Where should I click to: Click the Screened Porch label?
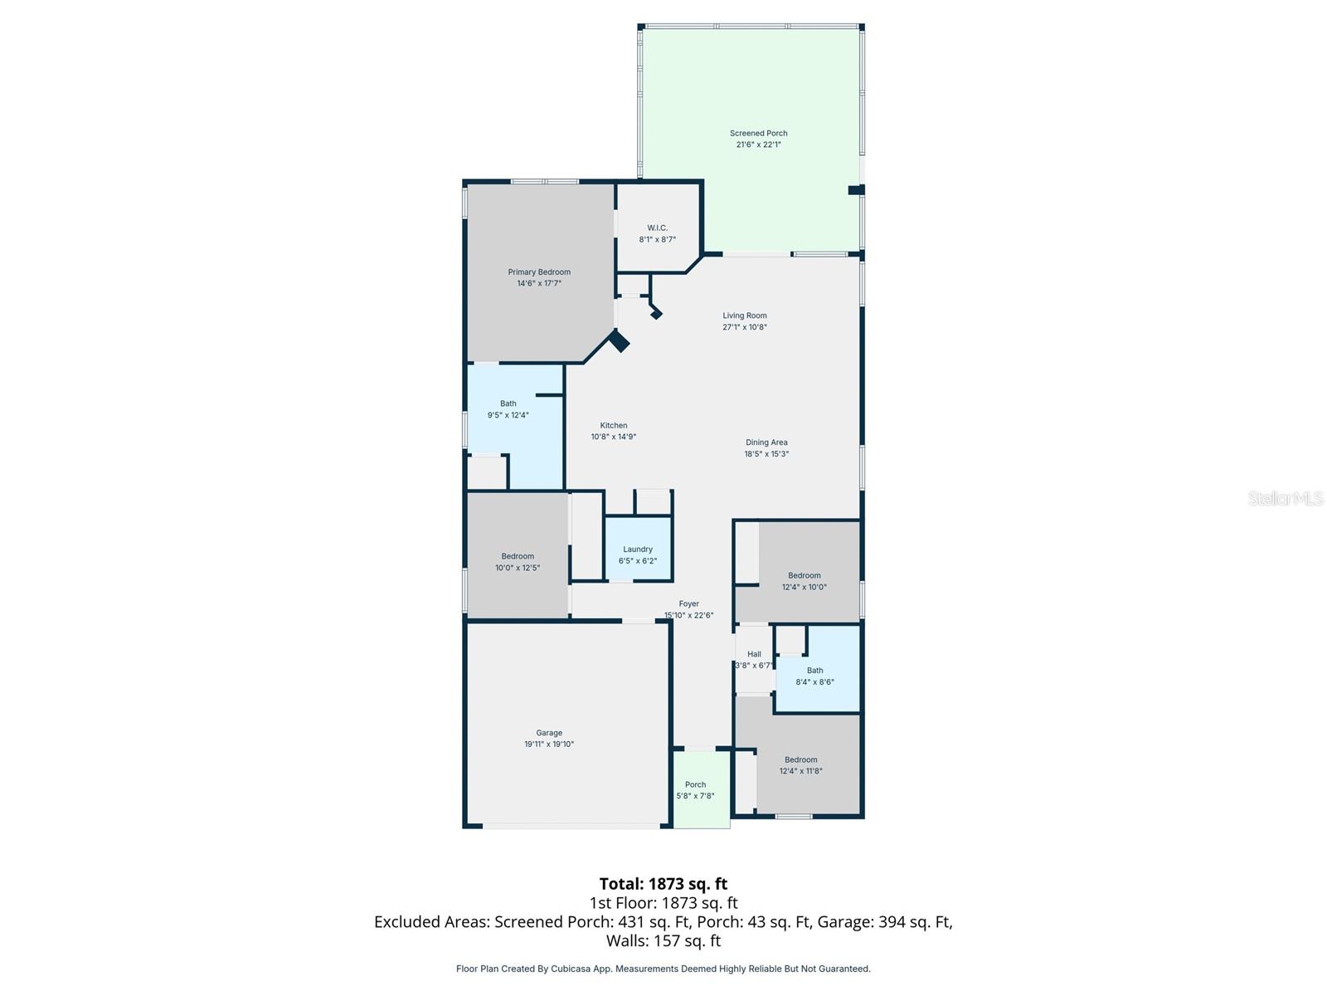[758, 133]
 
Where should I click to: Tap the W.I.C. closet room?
[657, 233]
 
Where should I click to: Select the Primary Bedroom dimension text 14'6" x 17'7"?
[539, 283]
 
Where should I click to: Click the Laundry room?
[638, 554]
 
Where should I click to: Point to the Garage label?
[548, 733]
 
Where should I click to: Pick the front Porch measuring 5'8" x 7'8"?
[695, 790]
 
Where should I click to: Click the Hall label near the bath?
[754, 654]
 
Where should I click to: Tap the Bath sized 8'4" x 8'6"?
[814, 676]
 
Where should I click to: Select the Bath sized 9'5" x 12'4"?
[508, 409]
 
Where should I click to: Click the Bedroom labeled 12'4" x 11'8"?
[800, 765]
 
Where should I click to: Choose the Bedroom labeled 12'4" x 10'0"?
[804, 581]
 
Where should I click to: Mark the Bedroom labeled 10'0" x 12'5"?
[518, 562]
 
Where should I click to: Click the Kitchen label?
[614, 425]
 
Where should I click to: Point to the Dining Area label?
[766, 442]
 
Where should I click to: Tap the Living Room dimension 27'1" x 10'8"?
[744, 327]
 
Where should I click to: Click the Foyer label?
[688, 603]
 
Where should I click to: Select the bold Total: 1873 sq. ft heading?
[663, 884]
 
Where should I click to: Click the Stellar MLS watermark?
[1285, 498]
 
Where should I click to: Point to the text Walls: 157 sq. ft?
[663, 940]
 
